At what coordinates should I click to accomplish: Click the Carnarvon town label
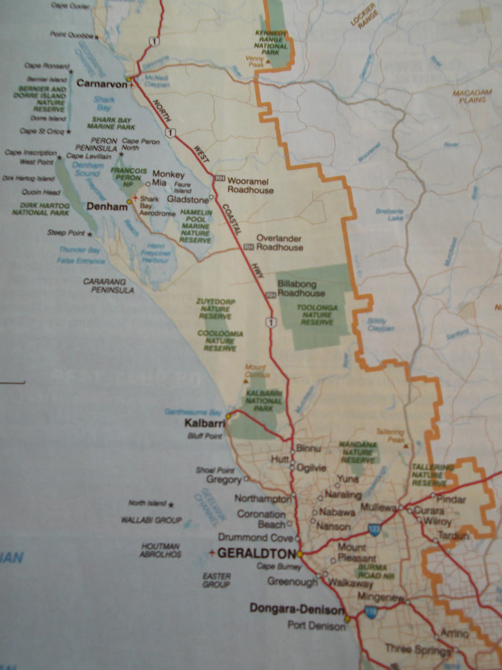pyautogui.click(x=102, y=84)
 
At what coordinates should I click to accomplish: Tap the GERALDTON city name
pyautogui.click(x=256, y=553)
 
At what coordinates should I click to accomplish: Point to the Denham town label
pyautogui.click(x=106, y=206)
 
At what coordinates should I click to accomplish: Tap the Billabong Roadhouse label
pyautogui.click(x=300, y=289)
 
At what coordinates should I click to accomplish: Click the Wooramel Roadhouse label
pyautogui.click(x=250, y=186)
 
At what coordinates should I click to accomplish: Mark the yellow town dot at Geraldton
pyautogui.click(x=300, y=554)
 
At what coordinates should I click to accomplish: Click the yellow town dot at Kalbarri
pyautogui.click(x=228, y=416)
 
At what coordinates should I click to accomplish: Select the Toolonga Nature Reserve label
pyautogui.click(x=317, y=314)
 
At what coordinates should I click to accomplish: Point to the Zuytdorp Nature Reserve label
pyautogui.click(x=216, y=309)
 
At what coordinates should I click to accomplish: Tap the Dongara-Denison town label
pyautogui.click(x=297, y=609)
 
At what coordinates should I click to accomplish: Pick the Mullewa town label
pyautogui.click(x=378, y=507)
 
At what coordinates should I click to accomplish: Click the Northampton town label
pyautogui.click(x=262, y=498)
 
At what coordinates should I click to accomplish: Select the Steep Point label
pyautogui.click(x=66, y=233)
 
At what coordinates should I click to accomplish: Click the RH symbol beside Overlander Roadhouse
pyautogui.click(x=248, y=247)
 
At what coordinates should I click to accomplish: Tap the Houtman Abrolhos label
pyautogui.click(x=161, y=550)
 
